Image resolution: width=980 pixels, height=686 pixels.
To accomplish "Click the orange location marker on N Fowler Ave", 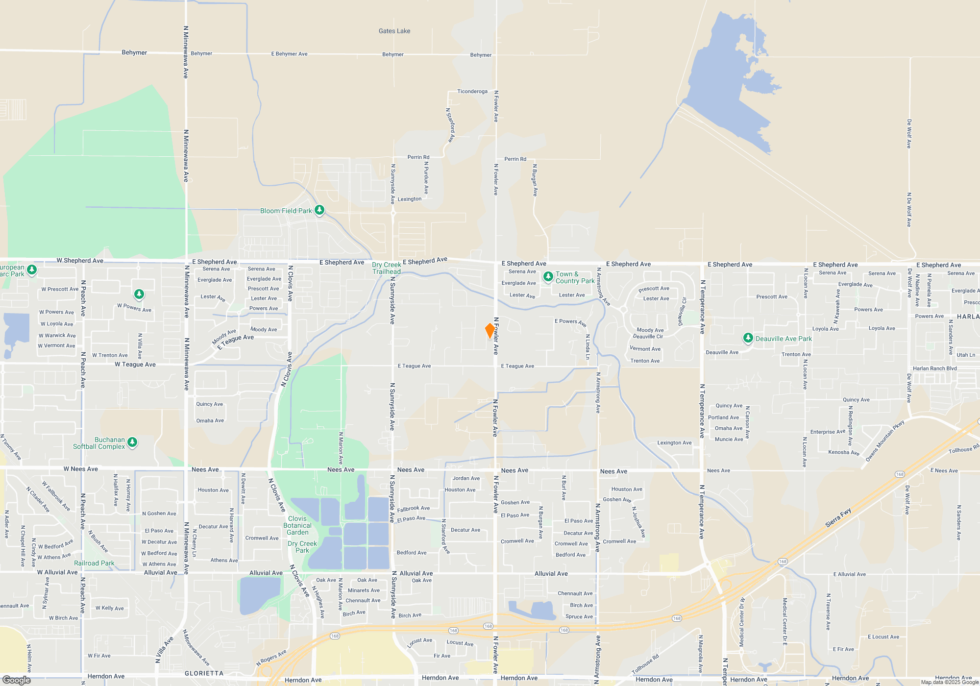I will coord(490,330).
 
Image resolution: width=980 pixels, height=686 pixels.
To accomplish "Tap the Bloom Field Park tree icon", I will coord(319,210).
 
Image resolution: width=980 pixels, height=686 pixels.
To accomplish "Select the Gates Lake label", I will coord(394,31).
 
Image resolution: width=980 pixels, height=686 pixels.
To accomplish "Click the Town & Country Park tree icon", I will coord(548,277).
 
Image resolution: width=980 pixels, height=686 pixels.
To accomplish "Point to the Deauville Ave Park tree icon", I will coord(748,338).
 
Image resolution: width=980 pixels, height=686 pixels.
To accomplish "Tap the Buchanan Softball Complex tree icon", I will coord(132,442).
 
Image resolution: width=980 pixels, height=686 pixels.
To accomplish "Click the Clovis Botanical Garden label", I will coord(297,525).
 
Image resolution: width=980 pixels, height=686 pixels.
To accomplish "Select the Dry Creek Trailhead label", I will coord(387,268).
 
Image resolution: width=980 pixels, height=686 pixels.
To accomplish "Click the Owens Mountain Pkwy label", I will coord(884,441).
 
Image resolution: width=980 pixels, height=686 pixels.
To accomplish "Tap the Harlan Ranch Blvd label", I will coord(934,368).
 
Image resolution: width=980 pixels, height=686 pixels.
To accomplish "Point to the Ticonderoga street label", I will coord(472,92).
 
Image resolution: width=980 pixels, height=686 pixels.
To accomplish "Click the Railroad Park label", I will coord(94,563).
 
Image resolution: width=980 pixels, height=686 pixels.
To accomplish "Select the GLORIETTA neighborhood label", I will coord(204,673).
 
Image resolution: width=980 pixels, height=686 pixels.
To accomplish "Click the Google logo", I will coord(17,680).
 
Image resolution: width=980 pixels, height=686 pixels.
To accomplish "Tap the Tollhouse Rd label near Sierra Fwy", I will coord(963,449).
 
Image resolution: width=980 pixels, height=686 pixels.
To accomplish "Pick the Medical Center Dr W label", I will coord(742,622).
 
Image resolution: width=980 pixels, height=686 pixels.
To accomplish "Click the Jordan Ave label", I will coord(466,478).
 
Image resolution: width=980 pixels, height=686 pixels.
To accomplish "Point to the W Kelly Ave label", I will coord(110,608).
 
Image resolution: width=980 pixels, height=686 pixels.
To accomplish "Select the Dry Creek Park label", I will coord(302,547).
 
